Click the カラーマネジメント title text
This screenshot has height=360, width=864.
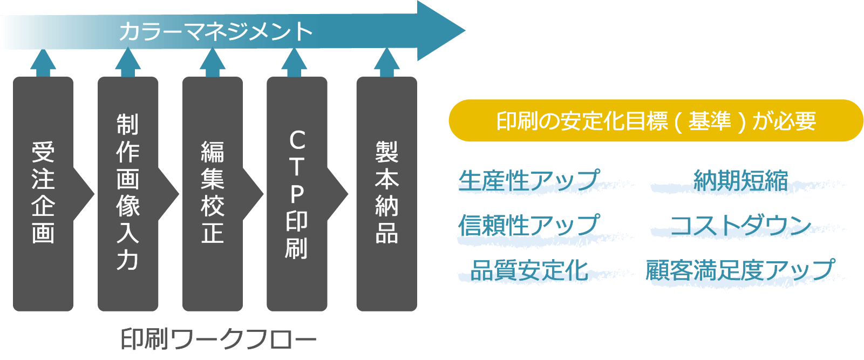(x=215, y=31)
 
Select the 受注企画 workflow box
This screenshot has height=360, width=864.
(x=43, y=193)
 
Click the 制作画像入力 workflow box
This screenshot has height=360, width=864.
(x=128, y=193)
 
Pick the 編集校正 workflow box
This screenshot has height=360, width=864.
(x=212, y=193)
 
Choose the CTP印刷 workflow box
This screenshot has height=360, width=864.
(x=297, y=193)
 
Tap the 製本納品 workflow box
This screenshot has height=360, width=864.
(x=386, y=193)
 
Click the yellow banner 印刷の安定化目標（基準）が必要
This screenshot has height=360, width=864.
(x=656, y=121)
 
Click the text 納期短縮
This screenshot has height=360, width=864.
(x=740, y=180)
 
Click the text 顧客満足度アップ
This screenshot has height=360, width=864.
(x=740, y=270)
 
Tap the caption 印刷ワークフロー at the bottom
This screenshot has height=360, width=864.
(x=218, y=339)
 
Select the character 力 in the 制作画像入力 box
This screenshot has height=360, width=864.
(x=128, y=260)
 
